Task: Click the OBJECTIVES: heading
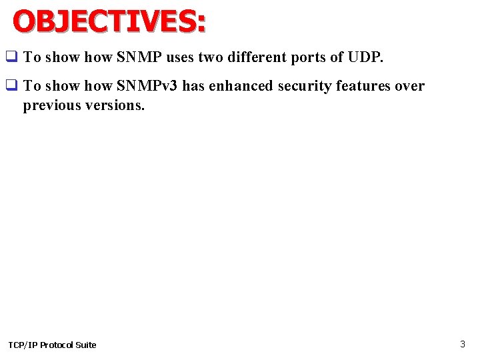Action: [109, 21]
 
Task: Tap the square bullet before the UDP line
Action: [11, 57]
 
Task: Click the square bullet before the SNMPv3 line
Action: [11, 86]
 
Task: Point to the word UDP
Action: [365, 57]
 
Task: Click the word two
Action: [209, 57]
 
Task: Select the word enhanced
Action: [239, 86]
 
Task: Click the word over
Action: [411, 86]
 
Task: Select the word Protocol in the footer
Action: [58, 345]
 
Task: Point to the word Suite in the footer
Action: [87, 345]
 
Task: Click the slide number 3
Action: [463, 344]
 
